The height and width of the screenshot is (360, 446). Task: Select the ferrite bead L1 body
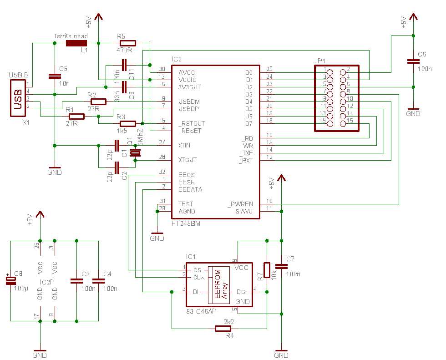76,44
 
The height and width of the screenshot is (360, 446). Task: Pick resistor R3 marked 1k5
127,123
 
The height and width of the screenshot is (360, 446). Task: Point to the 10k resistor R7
267,269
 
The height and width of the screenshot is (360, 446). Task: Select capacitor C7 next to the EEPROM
282,266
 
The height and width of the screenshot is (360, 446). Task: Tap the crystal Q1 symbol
135,152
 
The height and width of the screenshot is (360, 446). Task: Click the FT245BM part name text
185,224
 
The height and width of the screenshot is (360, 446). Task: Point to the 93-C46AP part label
202,311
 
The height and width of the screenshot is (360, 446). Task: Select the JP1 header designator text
320,61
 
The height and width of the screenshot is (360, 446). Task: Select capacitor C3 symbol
76,281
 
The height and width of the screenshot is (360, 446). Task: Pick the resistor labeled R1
76,116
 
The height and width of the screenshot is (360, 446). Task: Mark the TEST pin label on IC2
185,204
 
